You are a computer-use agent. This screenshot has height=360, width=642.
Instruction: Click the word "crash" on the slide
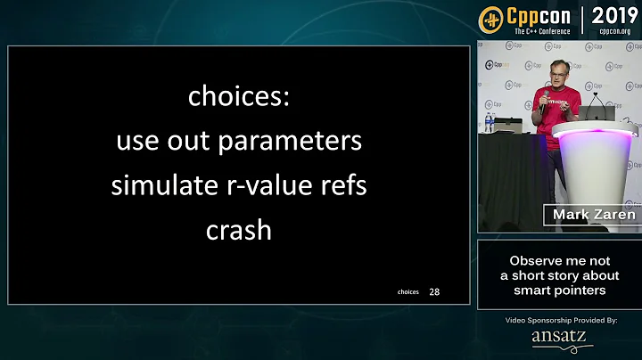click(x=238, y=231)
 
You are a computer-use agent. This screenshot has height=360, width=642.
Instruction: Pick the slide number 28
click(x=434, y=291)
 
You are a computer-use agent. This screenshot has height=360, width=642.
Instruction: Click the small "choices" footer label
click(x=408, y=292)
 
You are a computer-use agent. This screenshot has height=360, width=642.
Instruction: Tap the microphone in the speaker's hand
click(x=546, y=95)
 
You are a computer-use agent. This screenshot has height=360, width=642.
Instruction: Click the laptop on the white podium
click(x=596, y=113)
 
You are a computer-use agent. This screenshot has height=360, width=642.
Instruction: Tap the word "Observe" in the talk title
click(x=535, y=261)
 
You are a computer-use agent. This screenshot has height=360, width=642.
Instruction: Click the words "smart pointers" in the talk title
click(x=559, y=290)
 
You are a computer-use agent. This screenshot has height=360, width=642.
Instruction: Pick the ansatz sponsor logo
click(x=559, y=337)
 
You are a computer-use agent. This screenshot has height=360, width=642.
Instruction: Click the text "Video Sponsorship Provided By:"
click(x=559, y=319)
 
